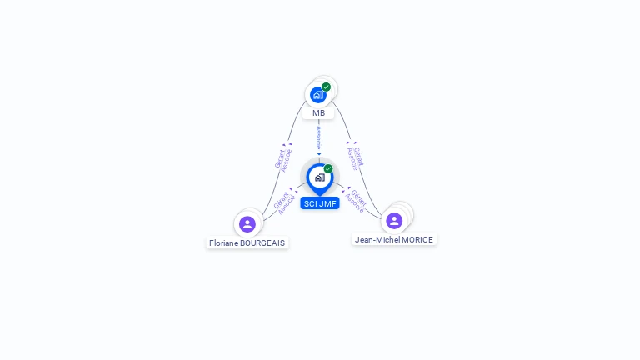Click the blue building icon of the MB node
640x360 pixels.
pyautogui.click(x=318, y=95)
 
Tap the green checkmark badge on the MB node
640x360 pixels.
pyautogui.click(x=326, y=87)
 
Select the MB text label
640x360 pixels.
pyautogui.click(x=319, y=113)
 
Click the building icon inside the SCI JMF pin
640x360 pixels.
pyautogui.click(x=320, y=177)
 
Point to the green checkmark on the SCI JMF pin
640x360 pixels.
pyautogui.click(x=328, y=168)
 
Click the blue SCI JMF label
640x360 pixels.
pyautogui.click(x=320, y=203)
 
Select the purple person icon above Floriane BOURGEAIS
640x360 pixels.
pyautogui.click(x=247, y=224)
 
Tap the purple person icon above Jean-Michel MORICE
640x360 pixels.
pyautogui.click(x=394, y=221)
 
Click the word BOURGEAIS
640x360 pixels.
pyautogui.click(x=262, y=243)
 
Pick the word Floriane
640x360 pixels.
pyautogui.click(x=223, y=243)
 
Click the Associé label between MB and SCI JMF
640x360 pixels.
pyautogui.click(x=319, y=138)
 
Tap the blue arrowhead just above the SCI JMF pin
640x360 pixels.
pyautogui.click(x=319, y=154)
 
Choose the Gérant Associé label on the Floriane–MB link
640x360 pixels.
pyautogui.click(x=283, y=159)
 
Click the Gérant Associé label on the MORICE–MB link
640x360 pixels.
pyautogui.click(x=355, y=158)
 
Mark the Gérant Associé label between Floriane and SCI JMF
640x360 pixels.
pyautogui.click(x=285, y=202)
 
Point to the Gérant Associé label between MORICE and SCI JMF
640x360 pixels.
pyautogui.click(x=356, y=201)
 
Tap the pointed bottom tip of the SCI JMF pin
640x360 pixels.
pyautogui.click(x=320, y=196)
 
